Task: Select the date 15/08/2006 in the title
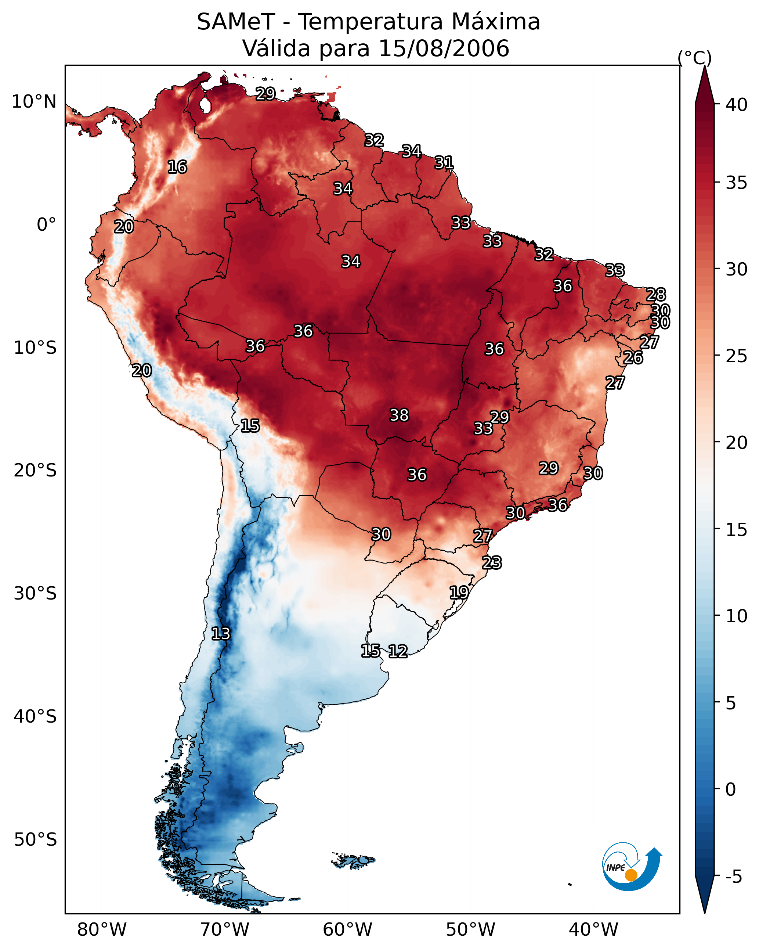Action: [x=444, y=48]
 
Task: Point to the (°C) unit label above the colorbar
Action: [x=694, y=58]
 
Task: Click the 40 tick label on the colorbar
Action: [x=737, y=105]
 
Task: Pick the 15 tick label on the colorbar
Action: [x=737, y=530]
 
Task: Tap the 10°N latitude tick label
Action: [x=34, y=102]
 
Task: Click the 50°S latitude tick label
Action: [x=35, y=840]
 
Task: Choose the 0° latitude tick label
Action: [x=46, y=225]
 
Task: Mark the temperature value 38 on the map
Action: [x=399, y=415]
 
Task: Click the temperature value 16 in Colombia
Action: [x=177, y=167]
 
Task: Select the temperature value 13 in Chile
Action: [x=221, y=634]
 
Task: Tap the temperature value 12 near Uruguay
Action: [x=398, y=651]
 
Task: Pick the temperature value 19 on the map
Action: [x=459, y=592]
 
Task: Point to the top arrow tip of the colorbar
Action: [x=704, y=67]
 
